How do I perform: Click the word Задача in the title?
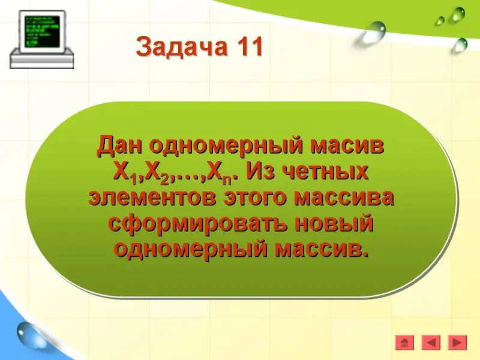(x=182, y=47)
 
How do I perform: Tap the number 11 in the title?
(x=249, y=46)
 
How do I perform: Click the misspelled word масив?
(x=347, y=146)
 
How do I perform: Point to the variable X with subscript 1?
(x=125, y=173)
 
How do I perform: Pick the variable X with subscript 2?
(x=157, y=173)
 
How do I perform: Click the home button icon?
(x=404, y=343)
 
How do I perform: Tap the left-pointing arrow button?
(x=431, y=343)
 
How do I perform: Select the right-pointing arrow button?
(x=457, y=343)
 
